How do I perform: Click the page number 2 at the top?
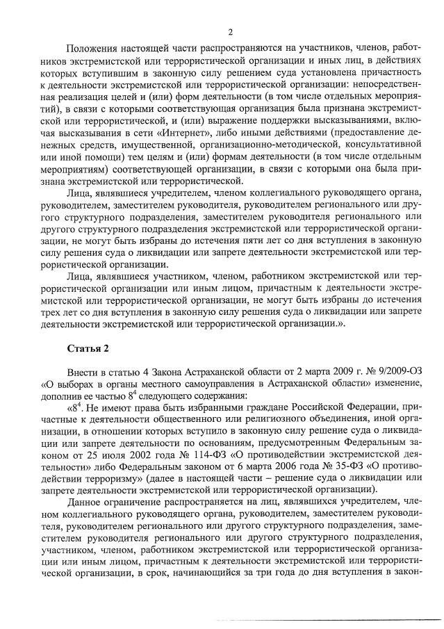(229, 31)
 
